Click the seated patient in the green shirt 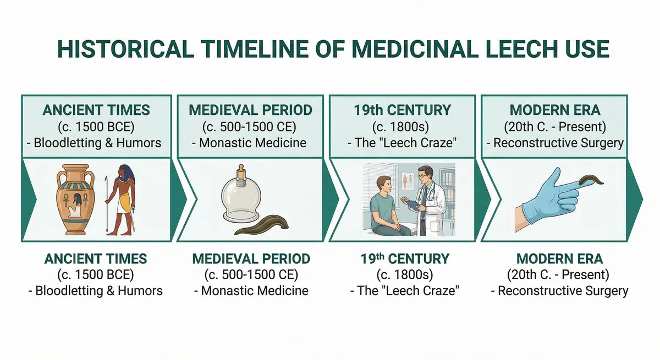[x=386, y=206]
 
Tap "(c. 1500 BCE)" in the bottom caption [x=96, y=274]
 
